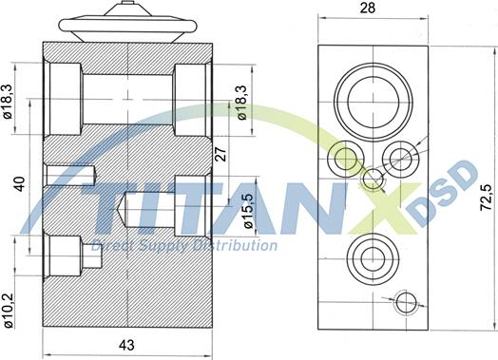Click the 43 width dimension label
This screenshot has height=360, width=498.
pos(126,345)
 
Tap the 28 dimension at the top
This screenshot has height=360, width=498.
pos(367,8)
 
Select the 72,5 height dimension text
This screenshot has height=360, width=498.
pos(486,198)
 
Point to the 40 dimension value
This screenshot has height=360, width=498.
pos(20,184)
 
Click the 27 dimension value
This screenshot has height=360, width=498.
pos(221,154)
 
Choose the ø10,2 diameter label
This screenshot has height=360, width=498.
pos(8,311)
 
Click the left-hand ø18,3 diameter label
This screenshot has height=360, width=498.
pos(8,102)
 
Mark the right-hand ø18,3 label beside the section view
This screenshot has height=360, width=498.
pos(242,103)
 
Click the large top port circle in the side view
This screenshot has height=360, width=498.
pos(373,102)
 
